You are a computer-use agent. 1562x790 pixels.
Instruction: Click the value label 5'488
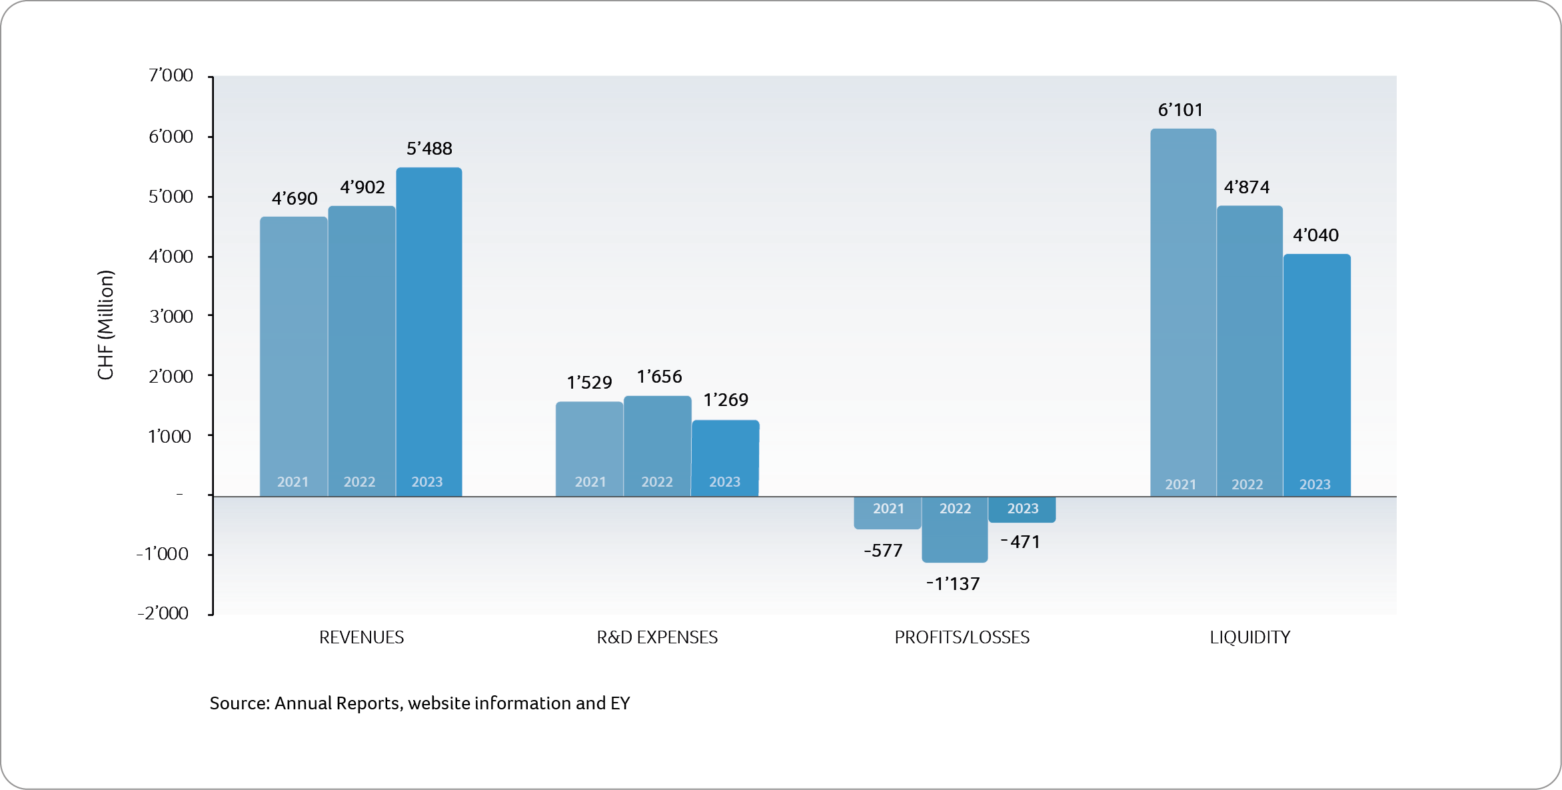click(x=429, y=149)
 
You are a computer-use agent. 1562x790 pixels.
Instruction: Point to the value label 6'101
click(x=1180, y=110)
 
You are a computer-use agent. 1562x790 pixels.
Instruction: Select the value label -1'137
click(x=953, y=584)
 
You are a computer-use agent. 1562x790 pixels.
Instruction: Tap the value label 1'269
click(x=726, y=400)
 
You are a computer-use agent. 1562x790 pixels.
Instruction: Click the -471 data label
click(x=1020, y=542)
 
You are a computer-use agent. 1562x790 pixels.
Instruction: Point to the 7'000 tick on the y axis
click(x=171, y=75)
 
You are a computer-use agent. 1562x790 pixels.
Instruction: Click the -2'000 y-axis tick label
click(x=163, y=613)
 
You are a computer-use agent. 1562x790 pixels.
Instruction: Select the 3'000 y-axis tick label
click(x=171, y=316)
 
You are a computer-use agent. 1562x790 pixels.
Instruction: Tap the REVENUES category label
click(x=361, y=637)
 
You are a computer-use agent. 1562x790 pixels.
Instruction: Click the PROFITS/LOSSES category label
click(x=962, y=637)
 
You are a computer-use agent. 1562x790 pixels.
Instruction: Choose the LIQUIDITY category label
click(x=1249, y=637)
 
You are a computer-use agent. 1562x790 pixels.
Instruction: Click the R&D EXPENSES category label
click(x=657, y=637)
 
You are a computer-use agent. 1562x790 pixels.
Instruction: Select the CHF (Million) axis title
click(x=106, y=325)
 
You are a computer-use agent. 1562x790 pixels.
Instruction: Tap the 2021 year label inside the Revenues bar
click(x=293, y=482)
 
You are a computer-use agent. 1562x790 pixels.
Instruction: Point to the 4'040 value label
click(x=1315, y=235)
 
